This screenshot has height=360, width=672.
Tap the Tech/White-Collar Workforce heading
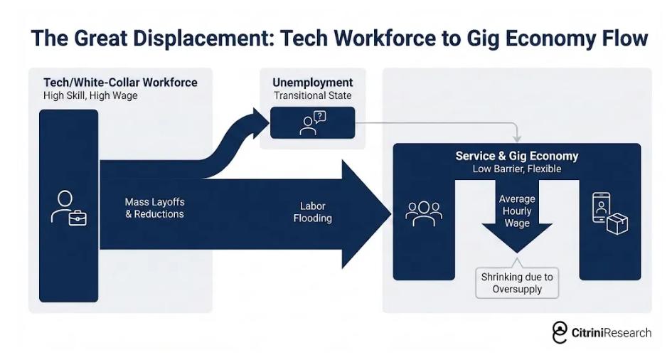coord(120,83)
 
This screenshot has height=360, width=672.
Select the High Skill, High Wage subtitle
coord(90,95)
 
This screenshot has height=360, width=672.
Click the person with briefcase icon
coord(68,208)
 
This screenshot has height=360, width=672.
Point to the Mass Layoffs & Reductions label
coord(154,208)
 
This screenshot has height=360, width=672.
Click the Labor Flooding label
coord(312,212)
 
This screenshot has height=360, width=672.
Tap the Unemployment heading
coord(312,83)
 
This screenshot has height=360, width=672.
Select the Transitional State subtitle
coord(312,95)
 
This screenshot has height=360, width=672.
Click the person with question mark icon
coord(312,122)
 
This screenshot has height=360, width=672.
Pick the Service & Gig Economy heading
coord(517,157)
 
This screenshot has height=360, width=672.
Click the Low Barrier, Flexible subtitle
coord(517,169)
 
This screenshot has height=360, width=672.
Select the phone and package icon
coord(610,213)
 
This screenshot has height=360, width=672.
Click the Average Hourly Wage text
coord(517,211)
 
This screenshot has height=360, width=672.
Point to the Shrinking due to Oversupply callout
coord(517,282)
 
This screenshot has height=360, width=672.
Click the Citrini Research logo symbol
coord(560,332)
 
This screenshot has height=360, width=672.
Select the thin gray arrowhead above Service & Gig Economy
coord(517,137)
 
